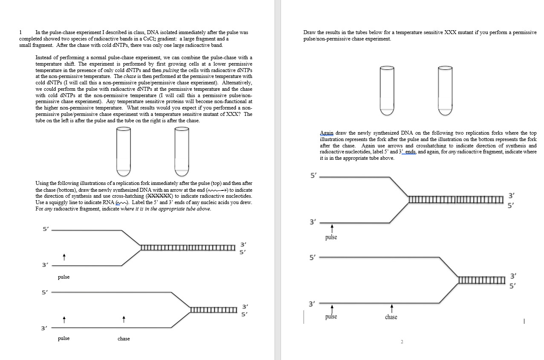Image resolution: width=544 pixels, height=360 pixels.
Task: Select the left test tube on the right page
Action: pyautogui.click(x=387, y=90)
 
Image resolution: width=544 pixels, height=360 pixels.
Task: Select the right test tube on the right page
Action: pyautogui.click(x=445, y=90)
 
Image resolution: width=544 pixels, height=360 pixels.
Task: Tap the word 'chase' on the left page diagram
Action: pyautogui.click(x=124, y=339)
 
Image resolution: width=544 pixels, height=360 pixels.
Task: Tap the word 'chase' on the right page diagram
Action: pyautogui.click(x=391, y=317)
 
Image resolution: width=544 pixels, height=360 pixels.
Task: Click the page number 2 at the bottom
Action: pyautogui.click(x=402, y=342)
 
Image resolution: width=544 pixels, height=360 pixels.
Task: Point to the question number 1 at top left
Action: pyautogui.click(x=20, y=32)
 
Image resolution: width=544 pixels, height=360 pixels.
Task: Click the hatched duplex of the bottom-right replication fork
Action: pyautogui.click(x=481, y=280)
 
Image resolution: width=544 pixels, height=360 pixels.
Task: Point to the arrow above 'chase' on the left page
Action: pyautogui.click(x=123, y=319)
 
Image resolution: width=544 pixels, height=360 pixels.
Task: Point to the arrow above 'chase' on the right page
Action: pyautogui.click(x=391, y=307)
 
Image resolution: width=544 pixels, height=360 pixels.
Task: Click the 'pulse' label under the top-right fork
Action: pyautogui.click(x=331, y=237)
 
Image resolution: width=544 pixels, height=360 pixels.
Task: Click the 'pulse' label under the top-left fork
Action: pyautogui.click(x=64, y=277)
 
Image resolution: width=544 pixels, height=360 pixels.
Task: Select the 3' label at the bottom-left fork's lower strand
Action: pyautogui.click(x=43, y=328)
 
